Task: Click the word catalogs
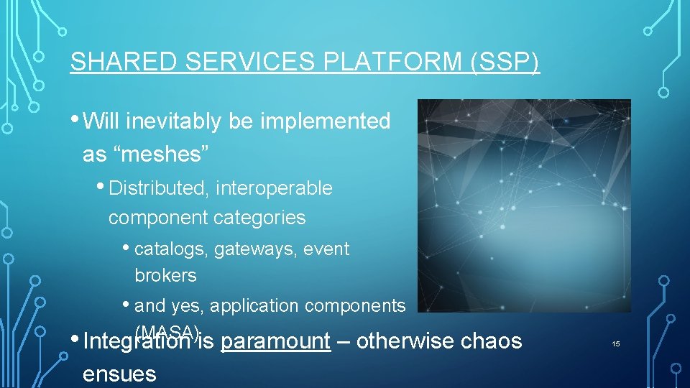pos(170,249)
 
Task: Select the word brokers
pos(165,275)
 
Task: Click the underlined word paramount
pos(275,341)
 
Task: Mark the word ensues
pos(119,373)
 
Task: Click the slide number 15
pos(615,344)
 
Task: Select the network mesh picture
pos(524,205)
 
